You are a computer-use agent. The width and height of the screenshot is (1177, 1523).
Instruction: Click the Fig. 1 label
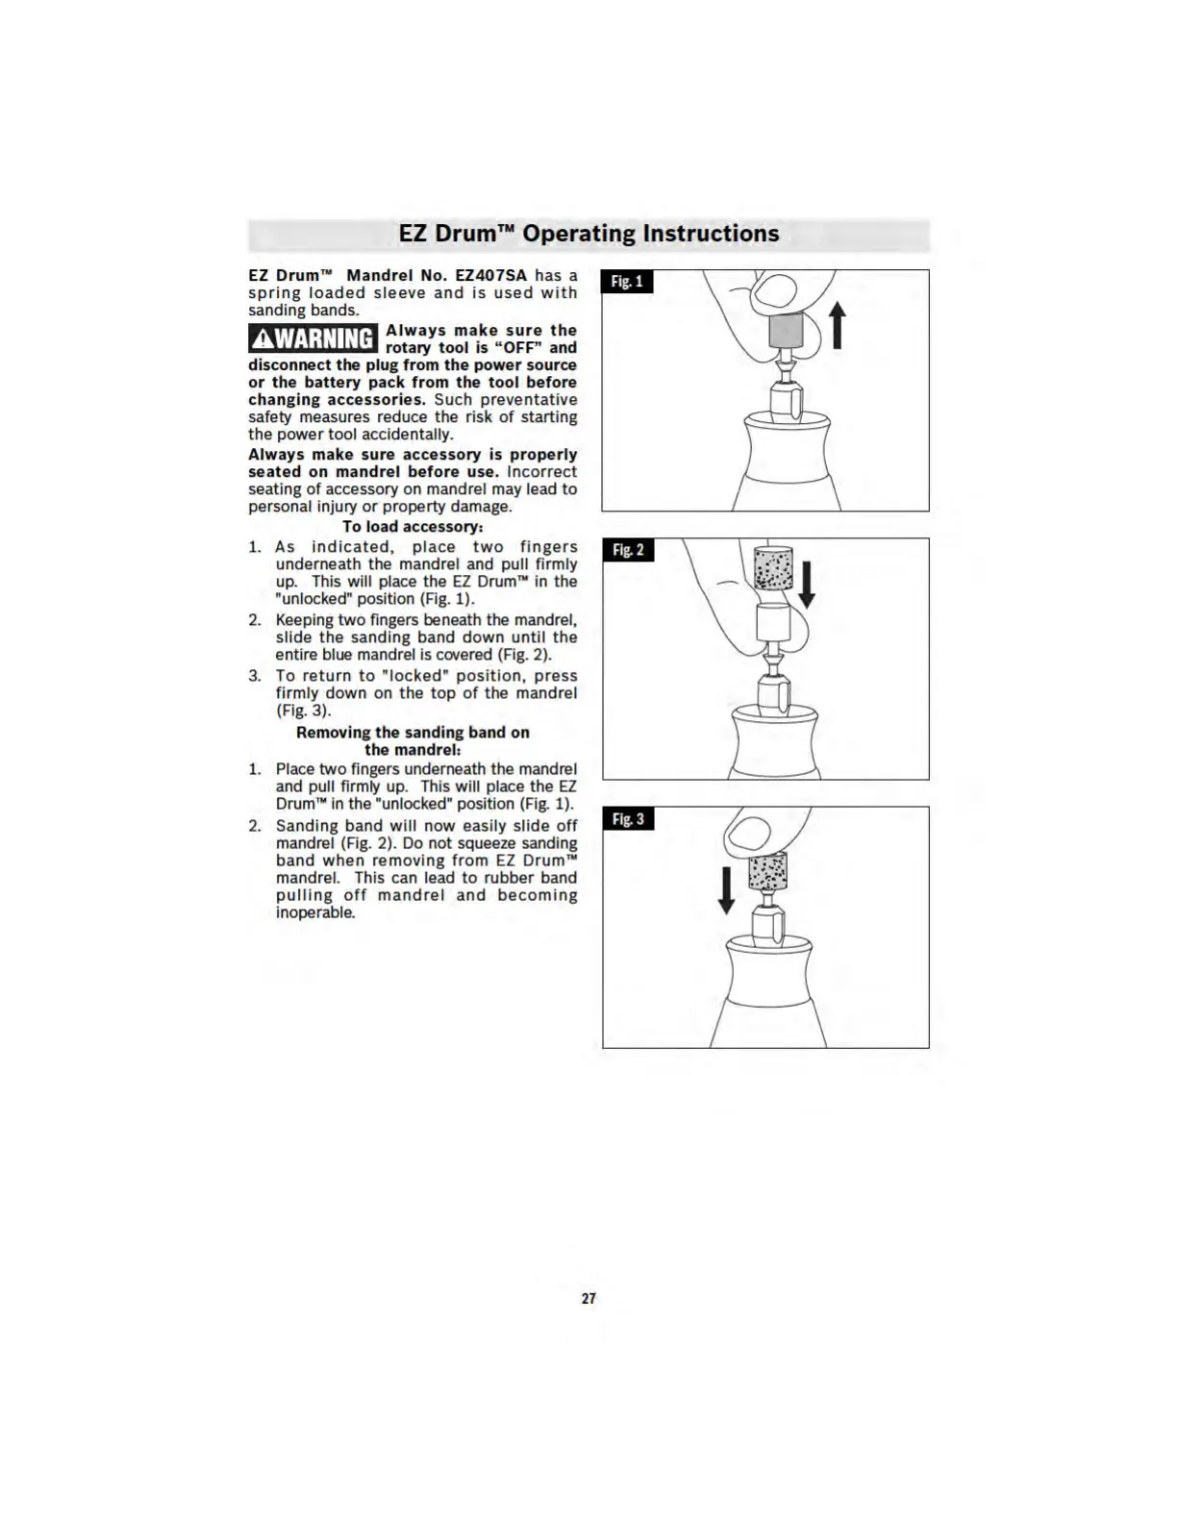pos(627,282)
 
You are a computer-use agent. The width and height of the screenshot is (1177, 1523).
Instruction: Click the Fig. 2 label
pos(627,550)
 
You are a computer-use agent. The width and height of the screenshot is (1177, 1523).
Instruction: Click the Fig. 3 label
pos(628,819)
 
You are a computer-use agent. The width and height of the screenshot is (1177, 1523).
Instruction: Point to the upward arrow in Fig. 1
pos(838,325)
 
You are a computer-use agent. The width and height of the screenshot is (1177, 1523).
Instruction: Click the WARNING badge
pos(313,338)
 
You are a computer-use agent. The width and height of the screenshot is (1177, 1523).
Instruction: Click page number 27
pos(588,1298)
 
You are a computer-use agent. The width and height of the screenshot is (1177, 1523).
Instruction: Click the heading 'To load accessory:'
pos(413,527)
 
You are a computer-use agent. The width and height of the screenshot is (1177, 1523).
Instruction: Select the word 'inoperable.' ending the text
pos(315,912)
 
